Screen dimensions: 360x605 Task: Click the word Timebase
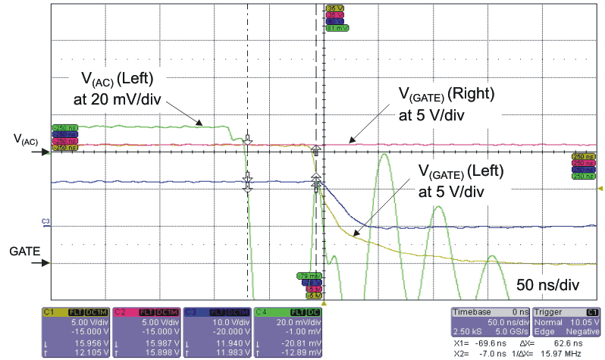pyautogui.click(x=470, y=311)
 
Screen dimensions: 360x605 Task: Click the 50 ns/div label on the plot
pyautogui.click(x=548, y=286)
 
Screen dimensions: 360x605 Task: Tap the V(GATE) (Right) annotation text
pyautogui.click(x=447, y=95)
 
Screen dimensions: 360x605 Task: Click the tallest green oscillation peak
pyautogui.click(x=384, y=156)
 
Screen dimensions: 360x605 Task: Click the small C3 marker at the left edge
pyautogui.click(x=45, y=221)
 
